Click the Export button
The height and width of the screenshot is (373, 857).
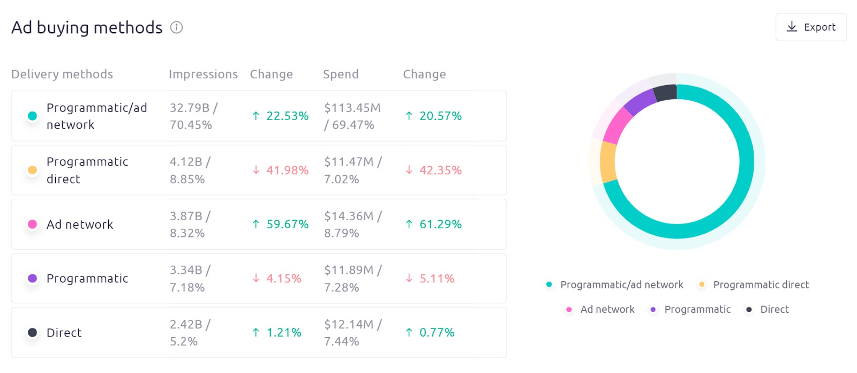point(810,27)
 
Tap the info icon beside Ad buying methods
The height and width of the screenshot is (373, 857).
point(176,27)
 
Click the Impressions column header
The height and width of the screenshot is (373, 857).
point(203,74)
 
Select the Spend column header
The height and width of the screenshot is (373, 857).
point(341,74)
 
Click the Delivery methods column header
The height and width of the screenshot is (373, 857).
point(62,74)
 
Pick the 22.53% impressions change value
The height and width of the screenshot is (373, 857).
point(281,116)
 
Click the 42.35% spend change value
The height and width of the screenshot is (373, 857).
point(433,170)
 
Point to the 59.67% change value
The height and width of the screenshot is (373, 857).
point(281,225)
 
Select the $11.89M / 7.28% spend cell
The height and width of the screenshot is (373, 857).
point(352,279)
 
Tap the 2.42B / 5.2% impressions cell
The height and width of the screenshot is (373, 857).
point(190,333)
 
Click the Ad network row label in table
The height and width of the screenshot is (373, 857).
point(80,225)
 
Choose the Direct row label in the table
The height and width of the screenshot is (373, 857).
point(64,333)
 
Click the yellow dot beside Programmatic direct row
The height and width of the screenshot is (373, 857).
point(32,170)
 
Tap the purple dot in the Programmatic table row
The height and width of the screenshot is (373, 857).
point(32,279)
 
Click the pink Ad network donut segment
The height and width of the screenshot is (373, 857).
point(618,125)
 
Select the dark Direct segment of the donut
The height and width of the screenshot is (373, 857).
point(666,93)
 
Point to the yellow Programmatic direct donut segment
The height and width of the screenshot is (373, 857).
point(608,162)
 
